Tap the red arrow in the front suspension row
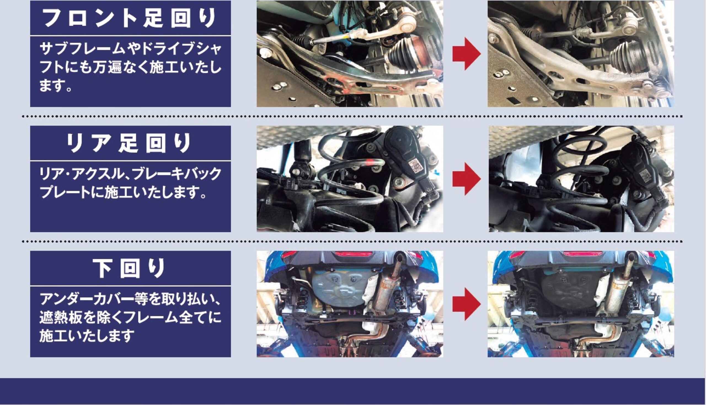click(466, 54)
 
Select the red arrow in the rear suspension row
click(466, 179)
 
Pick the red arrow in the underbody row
click(466, 304)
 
